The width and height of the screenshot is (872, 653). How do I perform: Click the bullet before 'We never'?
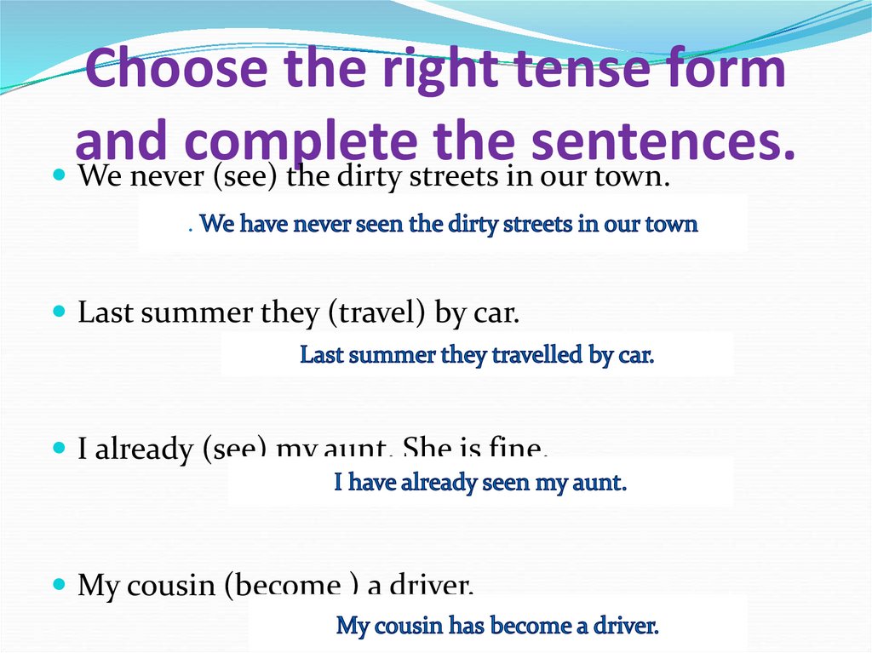(x=59, y=174)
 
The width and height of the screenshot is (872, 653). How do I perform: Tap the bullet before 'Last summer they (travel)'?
(x=59, y=312)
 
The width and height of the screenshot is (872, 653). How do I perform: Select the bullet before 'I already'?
(x=59, y=446)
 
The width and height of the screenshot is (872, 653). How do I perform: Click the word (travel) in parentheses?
(x=376, y=314)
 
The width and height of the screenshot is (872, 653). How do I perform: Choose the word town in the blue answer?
(x=673, y=225)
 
